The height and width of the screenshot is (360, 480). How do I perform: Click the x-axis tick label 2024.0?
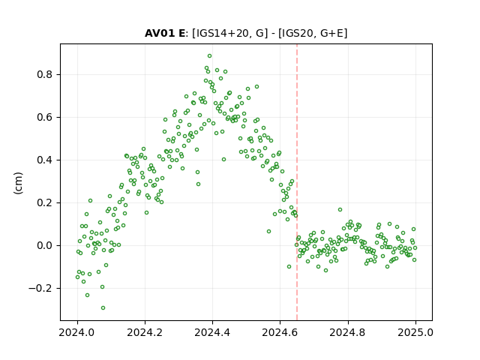77,332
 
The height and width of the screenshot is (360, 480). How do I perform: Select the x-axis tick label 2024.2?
145,332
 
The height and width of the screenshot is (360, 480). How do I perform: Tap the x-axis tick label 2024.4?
212,332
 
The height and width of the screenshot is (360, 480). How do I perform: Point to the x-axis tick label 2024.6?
280,332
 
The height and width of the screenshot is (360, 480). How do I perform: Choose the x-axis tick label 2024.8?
347,332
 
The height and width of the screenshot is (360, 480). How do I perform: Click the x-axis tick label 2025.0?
415,332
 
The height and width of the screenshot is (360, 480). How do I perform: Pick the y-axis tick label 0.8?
45,74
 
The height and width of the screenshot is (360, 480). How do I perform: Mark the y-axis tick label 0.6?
45,117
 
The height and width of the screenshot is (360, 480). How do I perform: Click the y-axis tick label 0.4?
45,160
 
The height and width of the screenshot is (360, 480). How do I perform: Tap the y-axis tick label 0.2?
45,202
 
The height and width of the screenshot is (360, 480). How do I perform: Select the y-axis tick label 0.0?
45,245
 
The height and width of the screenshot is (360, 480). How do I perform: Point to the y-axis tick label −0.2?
41,288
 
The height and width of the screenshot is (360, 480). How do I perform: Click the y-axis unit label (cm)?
18,183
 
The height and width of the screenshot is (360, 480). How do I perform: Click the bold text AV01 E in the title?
165,33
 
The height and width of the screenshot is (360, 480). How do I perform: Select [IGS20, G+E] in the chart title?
313,33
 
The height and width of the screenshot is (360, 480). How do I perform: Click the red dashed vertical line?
297,182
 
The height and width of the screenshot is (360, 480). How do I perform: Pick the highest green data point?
210,56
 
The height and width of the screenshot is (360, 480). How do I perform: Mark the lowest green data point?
103,308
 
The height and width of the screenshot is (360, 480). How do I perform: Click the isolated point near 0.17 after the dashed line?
340,210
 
